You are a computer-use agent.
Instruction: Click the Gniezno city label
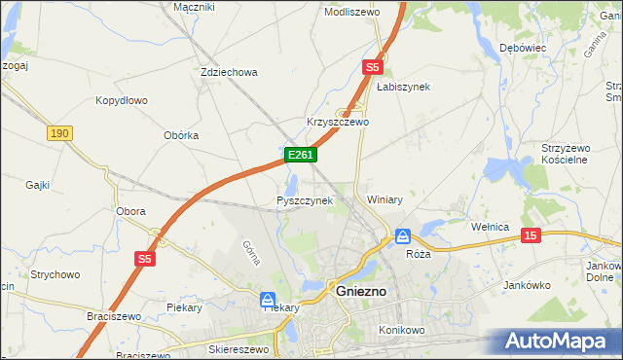tap(360, 291)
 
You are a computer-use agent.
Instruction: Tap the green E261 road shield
tap(299, 155)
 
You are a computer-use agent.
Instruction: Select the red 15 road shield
tap(531, 235)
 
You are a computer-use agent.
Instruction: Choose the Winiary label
tap(385, 199)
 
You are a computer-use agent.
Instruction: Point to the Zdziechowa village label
tap(228, 72)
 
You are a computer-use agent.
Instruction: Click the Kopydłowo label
tap(122, 100)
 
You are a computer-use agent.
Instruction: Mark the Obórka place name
tap(181, 135)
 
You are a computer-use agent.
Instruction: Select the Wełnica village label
tap(491, 227)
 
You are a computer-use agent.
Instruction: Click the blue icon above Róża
tap(402, 236)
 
